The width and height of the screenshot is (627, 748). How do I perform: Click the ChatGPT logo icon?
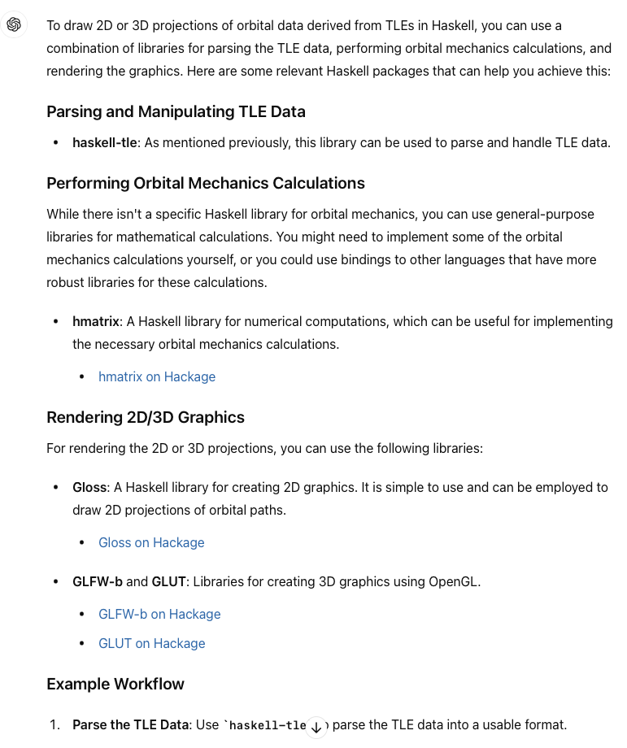[x=14, y=25]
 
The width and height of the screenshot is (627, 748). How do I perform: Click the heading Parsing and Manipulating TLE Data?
[x=176, y=111]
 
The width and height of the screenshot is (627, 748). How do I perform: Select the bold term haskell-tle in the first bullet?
[x=104, y=142]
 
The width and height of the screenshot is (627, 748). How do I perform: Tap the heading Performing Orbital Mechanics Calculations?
[x=206, y=183]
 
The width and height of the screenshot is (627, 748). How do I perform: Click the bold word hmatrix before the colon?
[x=95, y=321]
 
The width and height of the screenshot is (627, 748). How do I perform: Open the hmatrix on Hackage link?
[x=157, y=376]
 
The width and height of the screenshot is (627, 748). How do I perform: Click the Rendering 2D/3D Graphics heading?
[x=146, y=417]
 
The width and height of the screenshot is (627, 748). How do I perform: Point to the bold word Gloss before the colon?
[x=89, y=487]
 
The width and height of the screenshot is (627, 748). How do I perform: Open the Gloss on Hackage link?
[x=151, y=542]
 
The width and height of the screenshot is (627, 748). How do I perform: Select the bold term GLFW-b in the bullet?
[x=98, y=581]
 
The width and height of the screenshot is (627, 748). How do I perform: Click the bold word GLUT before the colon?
[x=169, y=581]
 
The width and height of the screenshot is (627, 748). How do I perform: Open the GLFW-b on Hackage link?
[x=159, y=614]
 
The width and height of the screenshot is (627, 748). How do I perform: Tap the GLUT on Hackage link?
[x=151, y=643]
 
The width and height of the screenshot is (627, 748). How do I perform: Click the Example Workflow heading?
[x=115, y=684]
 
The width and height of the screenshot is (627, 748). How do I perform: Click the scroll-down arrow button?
[x=316, y=728]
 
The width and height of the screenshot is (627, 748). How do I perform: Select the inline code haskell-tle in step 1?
[x=265, y=724]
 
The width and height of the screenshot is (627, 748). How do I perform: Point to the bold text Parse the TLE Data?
[x=130, y=724]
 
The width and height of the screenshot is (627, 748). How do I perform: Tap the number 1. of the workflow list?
[x=55, y=724]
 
